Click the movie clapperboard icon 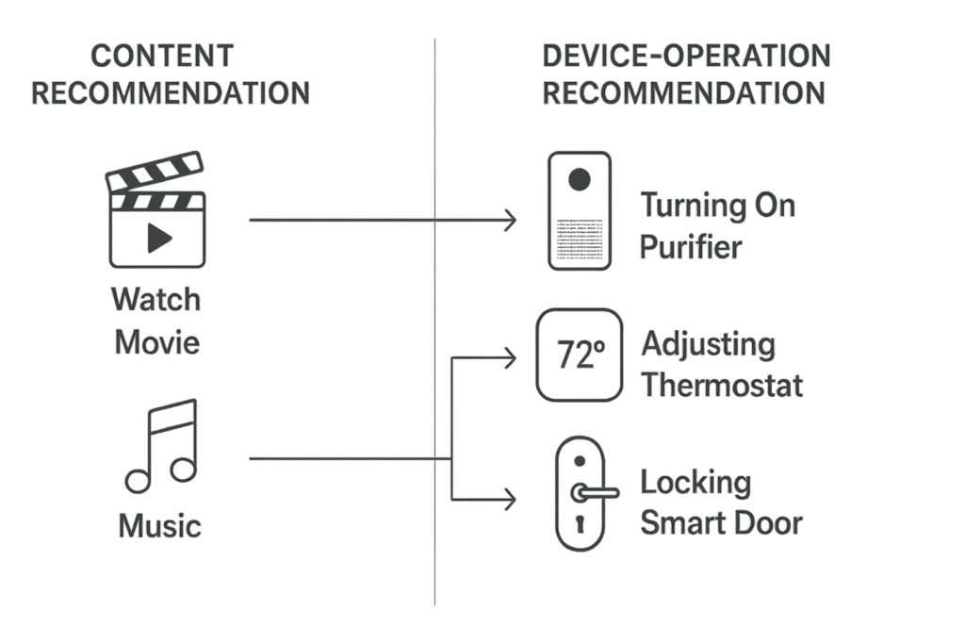(156, 216)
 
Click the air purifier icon (580, 213)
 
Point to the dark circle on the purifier (580, 179)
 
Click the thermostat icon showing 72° (579, 355)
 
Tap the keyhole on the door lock (579, 524)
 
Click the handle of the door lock (594, 491)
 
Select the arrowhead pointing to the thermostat (511, 357)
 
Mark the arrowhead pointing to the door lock (511, 500)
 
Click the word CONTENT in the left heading (161, 57)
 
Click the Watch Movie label (156, 321)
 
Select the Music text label (160, 525)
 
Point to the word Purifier (691, 247)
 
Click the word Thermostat (722, 385)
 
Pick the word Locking (695, 484)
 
